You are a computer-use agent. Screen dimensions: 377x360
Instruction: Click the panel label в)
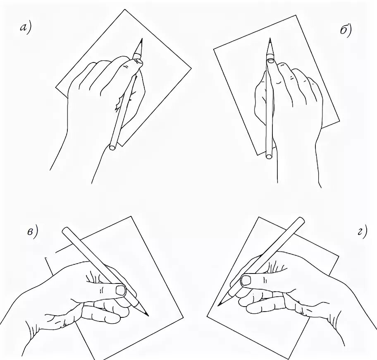pyautogui.click(x=32, y=232)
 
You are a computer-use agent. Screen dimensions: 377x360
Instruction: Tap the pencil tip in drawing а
pyautogui.click(x=142, y=38)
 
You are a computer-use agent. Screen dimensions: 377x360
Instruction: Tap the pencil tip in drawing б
pyautogui.click(x=270, y=38)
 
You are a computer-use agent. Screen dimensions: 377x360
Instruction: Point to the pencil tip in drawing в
pyautogui.click(x=148, y=315)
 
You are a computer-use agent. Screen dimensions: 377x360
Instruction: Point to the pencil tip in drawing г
pyautogui.click(x=218, y=306)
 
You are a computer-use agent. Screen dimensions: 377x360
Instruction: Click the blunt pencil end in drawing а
pyautogui.click(x=112, y=147)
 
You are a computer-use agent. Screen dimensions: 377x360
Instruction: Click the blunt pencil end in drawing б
pyautogui.click(x=269, y=156)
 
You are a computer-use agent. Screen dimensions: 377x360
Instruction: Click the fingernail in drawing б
pyautogui.click(x=271, y=61)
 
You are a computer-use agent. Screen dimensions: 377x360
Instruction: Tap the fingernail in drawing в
pyautogui.click(x=121, y=290)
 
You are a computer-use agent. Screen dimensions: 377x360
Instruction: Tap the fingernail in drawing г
pyautogui.click(x=246, y=281)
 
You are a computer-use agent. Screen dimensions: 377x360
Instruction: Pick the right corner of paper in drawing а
pyautogui.click(x=191, y=68)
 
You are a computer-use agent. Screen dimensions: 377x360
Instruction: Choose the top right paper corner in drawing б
pyautogui.click(x=296, y=15)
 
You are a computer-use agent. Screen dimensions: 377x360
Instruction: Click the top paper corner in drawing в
pyautogui.click(x=131, y=216)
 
